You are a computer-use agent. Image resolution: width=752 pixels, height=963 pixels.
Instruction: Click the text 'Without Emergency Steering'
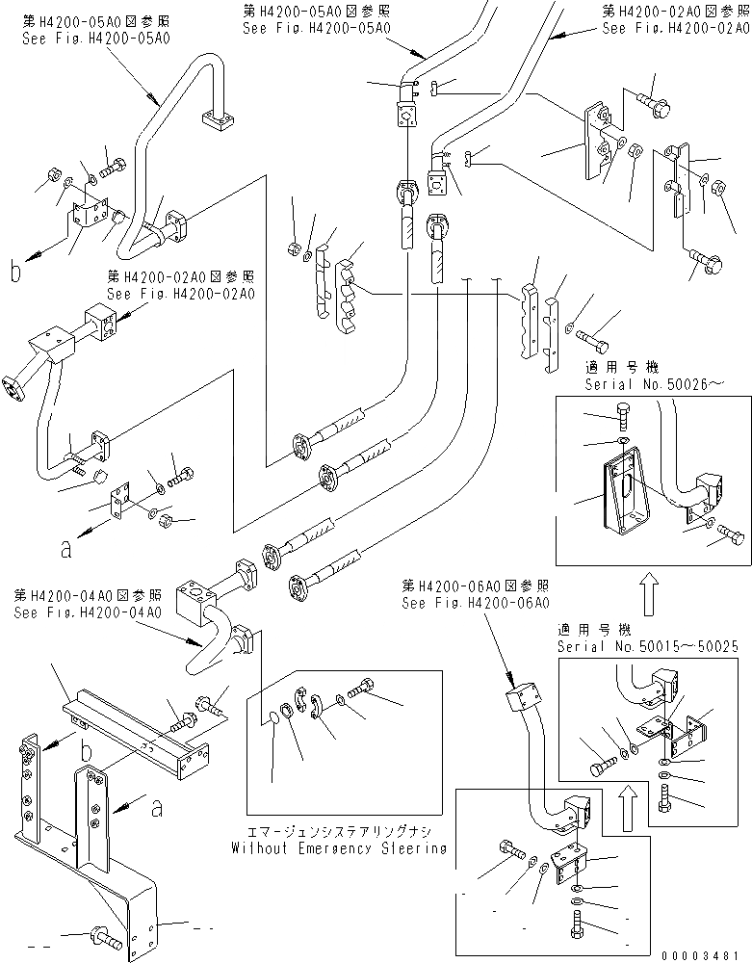339,848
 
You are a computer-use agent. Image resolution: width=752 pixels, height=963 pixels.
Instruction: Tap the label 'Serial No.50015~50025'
647,646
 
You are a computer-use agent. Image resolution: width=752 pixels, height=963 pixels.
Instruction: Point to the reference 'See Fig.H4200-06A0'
476,602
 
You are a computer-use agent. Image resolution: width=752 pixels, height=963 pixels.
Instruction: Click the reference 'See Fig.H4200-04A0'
88,612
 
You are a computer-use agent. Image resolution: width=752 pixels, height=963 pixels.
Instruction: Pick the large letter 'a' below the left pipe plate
65,550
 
